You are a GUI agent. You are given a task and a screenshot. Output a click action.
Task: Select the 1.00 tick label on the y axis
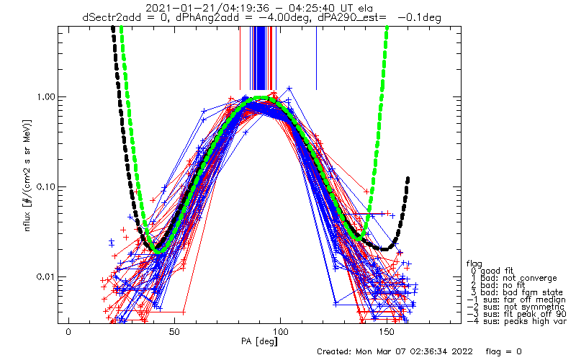[42, 97]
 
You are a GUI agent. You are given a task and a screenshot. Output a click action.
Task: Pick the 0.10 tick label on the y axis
[42, 187]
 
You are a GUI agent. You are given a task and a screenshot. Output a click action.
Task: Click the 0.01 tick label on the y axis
[42, 277]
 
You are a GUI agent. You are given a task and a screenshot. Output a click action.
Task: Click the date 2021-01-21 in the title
[172, 8]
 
